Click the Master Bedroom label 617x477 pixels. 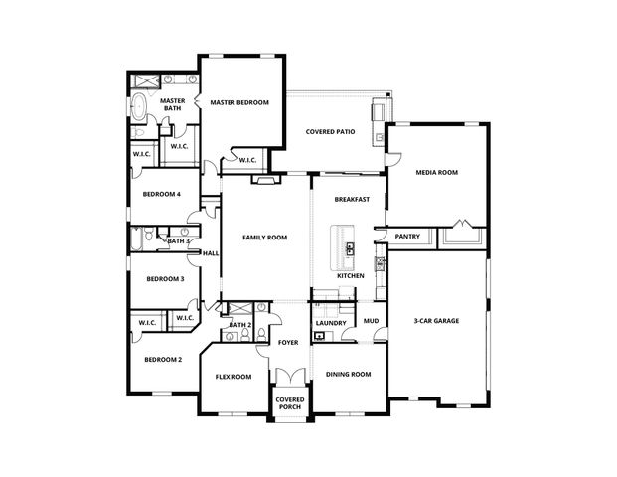(238, 102)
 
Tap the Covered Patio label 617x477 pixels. (330, 131)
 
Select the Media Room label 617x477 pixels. (436, 173)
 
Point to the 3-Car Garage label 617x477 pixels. (436, 321)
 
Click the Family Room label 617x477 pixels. (265, 238)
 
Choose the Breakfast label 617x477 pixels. (352, 199)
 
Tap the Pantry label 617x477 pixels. (407, 237)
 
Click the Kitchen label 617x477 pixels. (350, 275)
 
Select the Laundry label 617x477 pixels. (330, 323)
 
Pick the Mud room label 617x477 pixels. (371, 321)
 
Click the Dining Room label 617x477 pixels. (348, 374)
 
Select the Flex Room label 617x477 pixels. (233, 377)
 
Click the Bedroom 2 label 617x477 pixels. (163, 359)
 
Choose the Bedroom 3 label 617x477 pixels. (165, 279)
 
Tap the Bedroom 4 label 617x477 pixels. (161, 194)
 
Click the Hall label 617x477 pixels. (210, 253)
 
